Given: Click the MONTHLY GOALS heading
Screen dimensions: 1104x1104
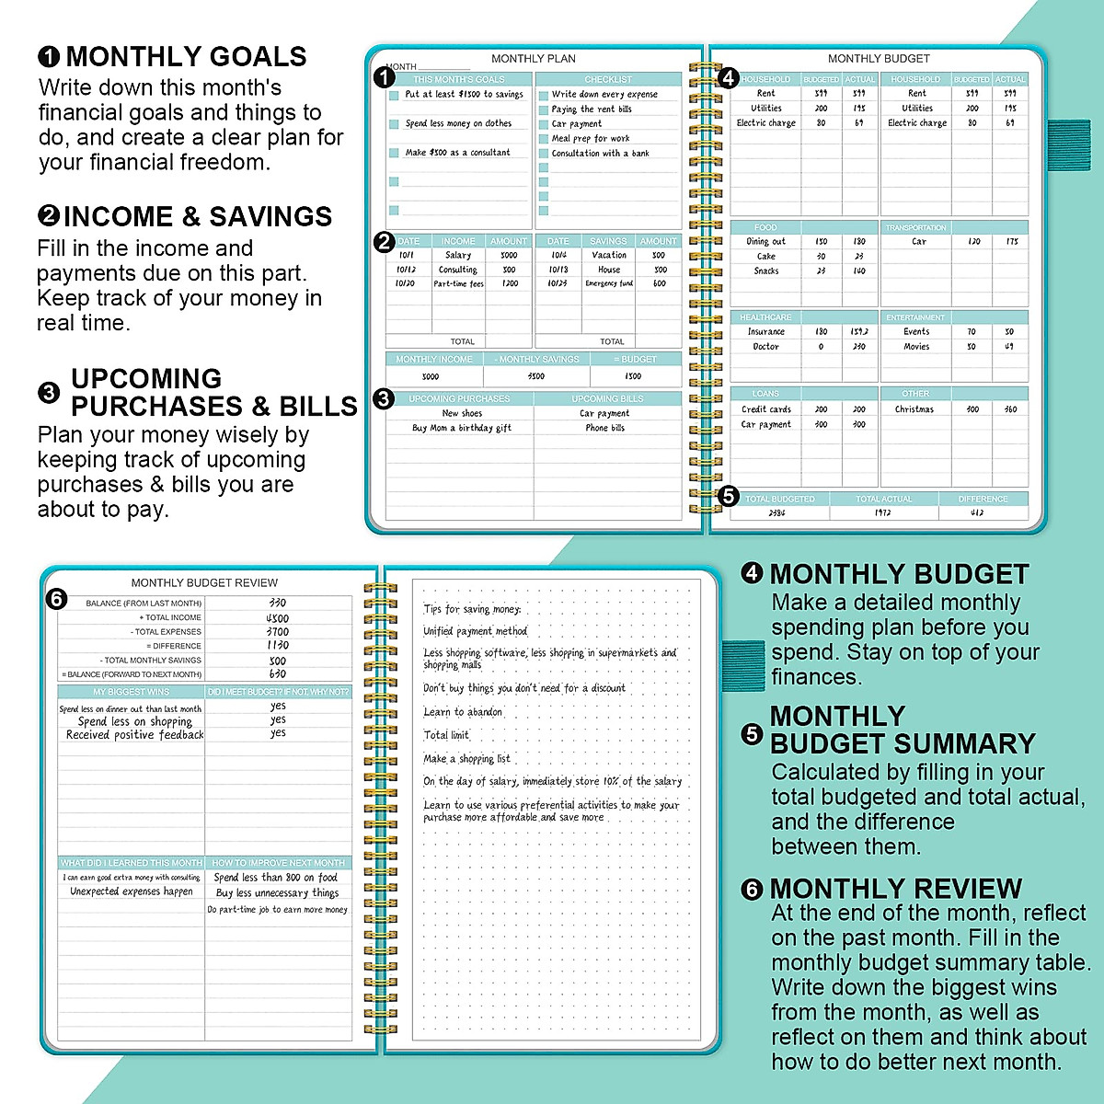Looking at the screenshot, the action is pos(186,57).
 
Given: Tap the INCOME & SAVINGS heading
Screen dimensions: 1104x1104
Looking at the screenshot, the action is pos(197,217).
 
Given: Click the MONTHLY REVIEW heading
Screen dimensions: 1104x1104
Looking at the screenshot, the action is pos(895,889).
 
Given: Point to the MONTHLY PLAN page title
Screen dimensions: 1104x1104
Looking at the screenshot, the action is pos(534,59).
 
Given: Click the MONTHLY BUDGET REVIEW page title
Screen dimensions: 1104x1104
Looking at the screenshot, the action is pos(204,583).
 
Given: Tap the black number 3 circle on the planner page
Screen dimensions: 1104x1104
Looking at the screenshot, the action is pos(385,398).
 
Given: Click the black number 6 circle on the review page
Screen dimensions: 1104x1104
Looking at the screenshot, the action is pos(56,600).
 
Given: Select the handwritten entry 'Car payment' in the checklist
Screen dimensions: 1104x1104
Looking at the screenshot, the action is pos(577,123).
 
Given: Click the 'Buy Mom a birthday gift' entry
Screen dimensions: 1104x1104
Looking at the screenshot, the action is pos(462,428).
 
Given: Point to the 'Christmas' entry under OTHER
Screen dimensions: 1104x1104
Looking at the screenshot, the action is pos(914,409).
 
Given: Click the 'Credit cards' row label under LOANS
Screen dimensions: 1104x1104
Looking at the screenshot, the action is pos(766,409).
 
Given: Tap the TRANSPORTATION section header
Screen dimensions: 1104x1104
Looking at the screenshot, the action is pos(915,227).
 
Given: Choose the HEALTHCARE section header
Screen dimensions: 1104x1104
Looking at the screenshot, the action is pos(765,317).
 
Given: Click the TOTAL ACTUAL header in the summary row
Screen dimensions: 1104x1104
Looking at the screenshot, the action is pos(883,499).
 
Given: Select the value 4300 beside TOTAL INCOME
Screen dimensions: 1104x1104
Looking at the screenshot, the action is pos(277,618).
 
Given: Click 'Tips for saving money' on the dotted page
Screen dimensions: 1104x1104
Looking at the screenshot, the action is pos(472,609).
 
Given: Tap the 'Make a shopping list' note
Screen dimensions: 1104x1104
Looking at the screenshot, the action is pos(466,759).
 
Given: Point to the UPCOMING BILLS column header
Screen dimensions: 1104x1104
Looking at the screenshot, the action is pos(607,399).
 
